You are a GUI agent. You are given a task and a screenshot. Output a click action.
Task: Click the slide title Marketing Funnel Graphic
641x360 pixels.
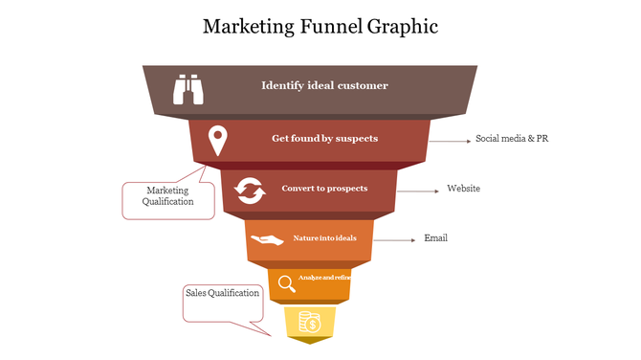320,26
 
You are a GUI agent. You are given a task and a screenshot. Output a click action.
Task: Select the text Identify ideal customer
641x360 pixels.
324,85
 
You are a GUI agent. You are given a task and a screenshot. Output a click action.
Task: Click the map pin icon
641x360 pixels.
219,140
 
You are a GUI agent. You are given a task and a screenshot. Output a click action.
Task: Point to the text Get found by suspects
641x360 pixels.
324,138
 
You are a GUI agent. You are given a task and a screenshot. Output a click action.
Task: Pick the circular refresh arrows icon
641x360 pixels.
251,191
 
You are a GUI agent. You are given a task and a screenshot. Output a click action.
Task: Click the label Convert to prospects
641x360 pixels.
324,188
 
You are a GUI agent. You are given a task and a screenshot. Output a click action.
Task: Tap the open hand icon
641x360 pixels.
267,239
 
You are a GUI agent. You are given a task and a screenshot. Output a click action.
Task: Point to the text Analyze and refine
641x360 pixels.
325,277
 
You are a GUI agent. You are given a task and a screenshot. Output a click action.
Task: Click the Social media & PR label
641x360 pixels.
512,139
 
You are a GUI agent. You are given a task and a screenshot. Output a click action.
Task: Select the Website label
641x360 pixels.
463,189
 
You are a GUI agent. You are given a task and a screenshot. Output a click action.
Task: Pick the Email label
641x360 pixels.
435,238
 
